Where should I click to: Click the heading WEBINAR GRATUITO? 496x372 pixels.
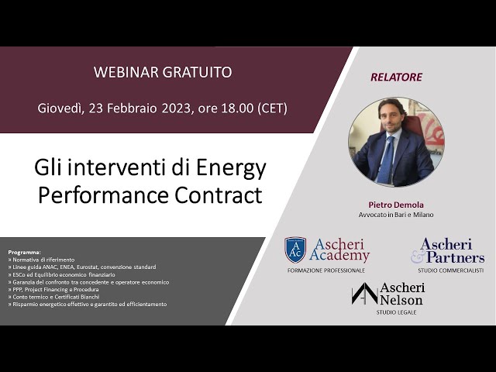pos(162,72)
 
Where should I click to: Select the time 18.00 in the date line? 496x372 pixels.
pos(234,108)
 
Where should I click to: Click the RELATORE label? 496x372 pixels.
pos(396,77)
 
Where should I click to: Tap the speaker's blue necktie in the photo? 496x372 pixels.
pos(386,160)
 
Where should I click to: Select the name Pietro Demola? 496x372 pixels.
pos(396,204)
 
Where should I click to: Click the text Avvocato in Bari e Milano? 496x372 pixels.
pos(396,215)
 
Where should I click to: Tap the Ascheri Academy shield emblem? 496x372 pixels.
pos(294,250)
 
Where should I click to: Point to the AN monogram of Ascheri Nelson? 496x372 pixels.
pos(364,293)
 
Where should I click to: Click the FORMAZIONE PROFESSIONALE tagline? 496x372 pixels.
pos(326,270)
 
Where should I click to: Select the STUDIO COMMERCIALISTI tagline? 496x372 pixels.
pos(450,270)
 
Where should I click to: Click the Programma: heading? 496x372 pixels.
pos(24,253)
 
